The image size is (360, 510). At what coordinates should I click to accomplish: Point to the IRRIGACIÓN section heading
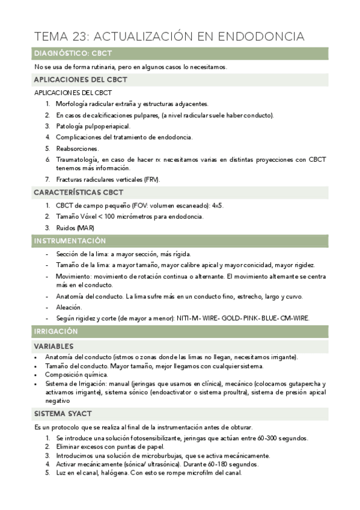[x=56, y=332]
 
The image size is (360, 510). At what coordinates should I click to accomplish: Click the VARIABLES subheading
[x=54, y=346]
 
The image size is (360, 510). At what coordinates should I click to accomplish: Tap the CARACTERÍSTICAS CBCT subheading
[x=79, y=192]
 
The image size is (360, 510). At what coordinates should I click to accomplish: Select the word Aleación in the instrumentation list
[x=69, y=307]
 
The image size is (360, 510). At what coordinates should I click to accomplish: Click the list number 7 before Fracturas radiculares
[x=47, y=179]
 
